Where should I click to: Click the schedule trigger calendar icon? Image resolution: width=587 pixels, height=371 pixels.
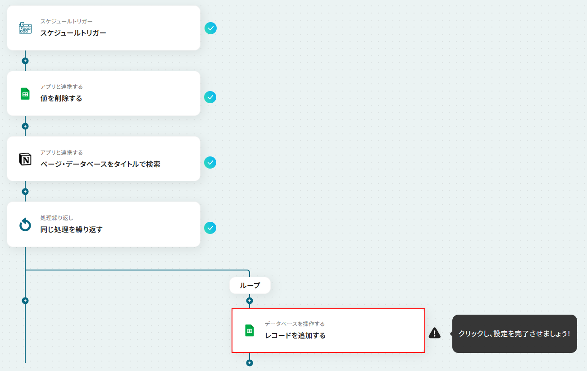click(25, 28)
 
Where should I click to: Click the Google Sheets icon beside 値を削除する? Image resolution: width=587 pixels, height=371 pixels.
click(25, 94)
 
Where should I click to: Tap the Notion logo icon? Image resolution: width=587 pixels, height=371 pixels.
click(25, 159)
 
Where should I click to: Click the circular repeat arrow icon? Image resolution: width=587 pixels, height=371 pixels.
click(25, 224)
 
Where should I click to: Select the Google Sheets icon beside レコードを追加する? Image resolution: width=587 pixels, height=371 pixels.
click(250, 330)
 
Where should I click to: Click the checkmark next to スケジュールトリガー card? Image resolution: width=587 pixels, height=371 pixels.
click(210, 28)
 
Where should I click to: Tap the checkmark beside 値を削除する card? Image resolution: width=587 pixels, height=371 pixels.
click(210, 97)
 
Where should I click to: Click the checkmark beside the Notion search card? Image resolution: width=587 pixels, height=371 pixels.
click(210, 163)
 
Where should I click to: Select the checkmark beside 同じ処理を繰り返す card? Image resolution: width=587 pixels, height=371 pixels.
click(210, 228)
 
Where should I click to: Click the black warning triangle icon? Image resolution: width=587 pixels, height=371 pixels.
click(434, 333)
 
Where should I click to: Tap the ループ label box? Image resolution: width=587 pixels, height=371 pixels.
click(250, 285)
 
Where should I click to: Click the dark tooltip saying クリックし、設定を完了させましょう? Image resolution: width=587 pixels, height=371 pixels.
click(514, 334)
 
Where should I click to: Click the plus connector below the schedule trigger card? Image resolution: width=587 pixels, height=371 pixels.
click(25, 61)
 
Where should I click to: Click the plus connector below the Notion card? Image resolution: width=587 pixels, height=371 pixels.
click(25, 192)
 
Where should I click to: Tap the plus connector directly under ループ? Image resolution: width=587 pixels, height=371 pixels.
click(250, 301)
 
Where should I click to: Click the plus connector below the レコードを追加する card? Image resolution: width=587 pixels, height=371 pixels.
click(250, 363)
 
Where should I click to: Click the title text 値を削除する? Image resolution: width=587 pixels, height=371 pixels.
click(61, 98)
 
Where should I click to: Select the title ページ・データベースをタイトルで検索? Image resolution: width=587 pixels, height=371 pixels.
click(100, 164)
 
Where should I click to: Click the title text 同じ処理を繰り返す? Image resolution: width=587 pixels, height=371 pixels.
click(71, 229)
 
